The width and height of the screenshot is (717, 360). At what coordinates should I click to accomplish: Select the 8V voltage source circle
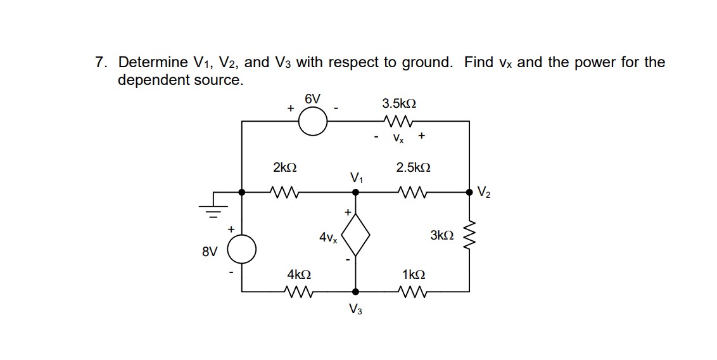pos(243,248)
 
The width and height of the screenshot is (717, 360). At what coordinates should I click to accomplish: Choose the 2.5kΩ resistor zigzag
pos(412,190)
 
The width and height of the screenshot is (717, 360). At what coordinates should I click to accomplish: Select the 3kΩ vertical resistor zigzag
pos(469,236)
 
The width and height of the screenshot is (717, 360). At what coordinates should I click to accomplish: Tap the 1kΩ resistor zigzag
pos(412,292)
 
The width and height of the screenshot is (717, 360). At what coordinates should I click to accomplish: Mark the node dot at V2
pos(469,190)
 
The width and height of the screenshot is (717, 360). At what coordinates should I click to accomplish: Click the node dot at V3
pos(355,292)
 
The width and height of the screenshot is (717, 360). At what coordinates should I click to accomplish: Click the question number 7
pos(100,62)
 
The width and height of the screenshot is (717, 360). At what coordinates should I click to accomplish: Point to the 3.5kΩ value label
pos(399,103)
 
